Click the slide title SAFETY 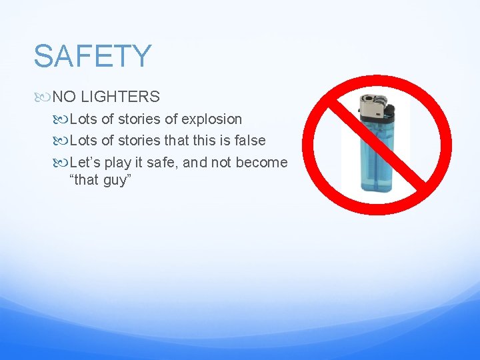click(93, 56)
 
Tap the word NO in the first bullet click(63, 97)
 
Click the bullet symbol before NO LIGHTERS click(45, 97)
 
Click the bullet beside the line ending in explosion click(63, 120)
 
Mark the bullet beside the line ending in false click(63, 141)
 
